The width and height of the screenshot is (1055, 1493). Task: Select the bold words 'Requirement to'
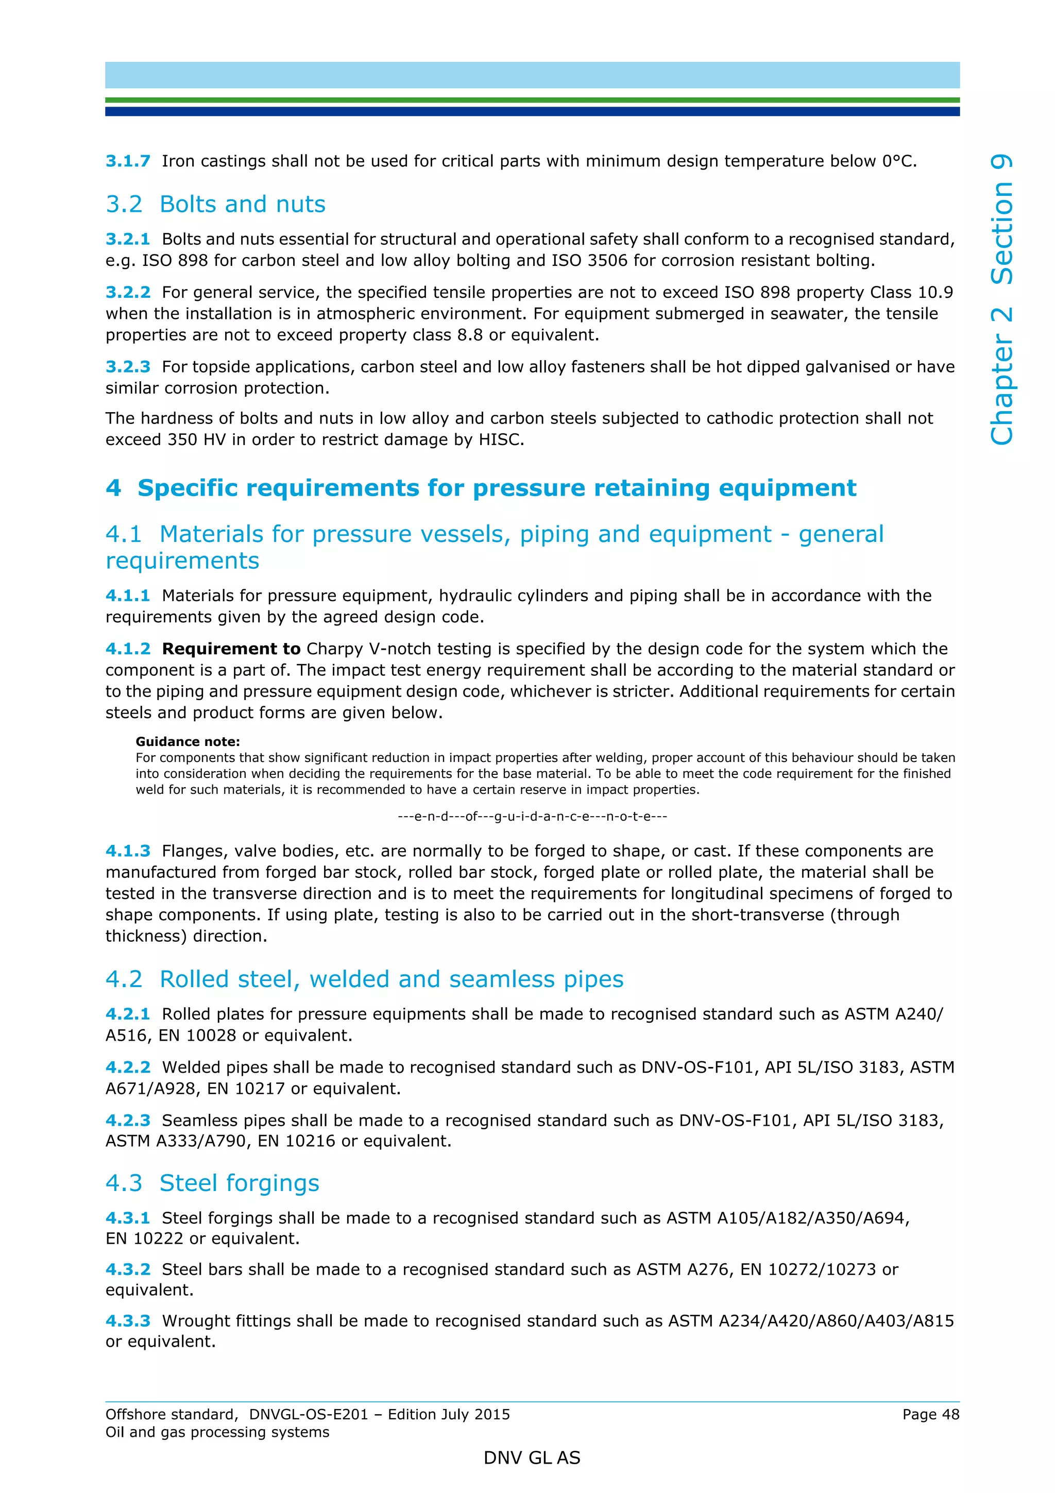click(x=231, y=649)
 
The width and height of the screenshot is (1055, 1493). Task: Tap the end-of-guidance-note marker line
click(x=532, y=816)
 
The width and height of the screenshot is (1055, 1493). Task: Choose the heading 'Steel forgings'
click(x=239, y=1183)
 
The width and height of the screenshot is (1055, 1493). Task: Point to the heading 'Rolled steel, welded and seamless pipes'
click(x=392, y=979)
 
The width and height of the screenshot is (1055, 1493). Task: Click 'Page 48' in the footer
click(x=930, y=1414)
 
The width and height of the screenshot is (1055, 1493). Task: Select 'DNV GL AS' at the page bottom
click(x=532, y=1458)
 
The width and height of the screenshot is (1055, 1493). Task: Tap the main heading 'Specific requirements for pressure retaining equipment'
click(x=497, y=488)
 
